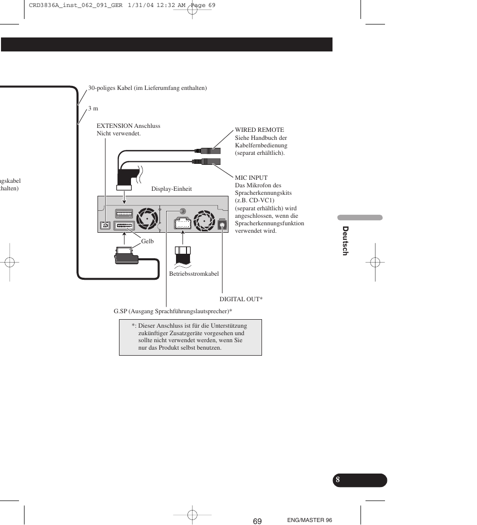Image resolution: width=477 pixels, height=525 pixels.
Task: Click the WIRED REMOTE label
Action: [x=259, y=130]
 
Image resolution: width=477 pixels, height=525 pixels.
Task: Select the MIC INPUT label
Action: [x=251, y=177]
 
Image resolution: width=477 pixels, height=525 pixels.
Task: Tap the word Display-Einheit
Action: [x=171, y=189]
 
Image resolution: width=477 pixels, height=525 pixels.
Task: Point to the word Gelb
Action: [x=147, y=241]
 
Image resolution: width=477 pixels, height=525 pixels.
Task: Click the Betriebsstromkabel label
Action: [x=193, y=274]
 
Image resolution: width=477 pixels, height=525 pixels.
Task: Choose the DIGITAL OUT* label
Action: [x=241, y=299]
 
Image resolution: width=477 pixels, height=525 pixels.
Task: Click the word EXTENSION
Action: [x=114, y=126]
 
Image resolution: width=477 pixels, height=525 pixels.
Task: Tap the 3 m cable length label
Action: [x=93, y=108]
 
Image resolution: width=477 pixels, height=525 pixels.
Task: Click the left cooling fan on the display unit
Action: [x=148, y=219]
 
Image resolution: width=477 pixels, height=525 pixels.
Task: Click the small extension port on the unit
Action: [x=105, y=226]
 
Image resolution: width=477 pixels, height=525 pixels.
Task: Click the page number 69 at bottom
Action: [x=257, y=521]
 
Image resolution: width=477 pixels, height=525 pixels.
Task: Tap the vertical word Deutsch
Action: [x=345, y=241]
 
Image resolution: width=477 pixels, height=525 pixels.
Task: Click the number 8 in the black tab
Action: [x=338, y=480]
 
